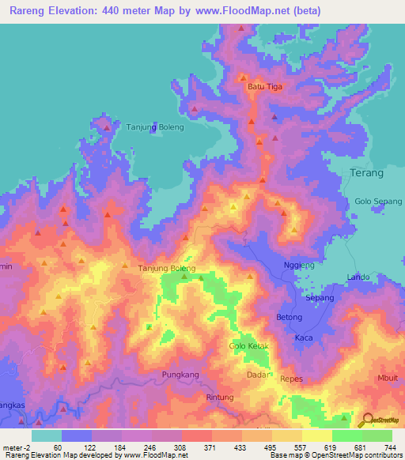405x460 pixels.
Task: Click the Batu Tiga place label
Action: tap(265, 87)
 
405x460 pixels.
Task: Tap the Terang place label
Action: tap(366, 173)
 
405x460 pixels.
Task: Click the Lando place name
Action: tap(358, 277)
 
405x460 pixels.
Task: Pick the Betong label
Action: tap(289, 317)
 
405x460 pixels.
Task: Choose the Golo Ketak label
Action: tap(249, 347)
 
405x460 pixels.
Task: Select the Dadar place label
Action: tap(258, 375)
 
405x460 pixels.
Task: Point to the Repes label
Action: tap(292, 379)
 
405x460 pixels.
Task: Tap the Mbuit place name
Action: tap(388, 378)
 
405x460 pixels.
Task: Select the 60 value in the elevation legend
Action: tap(57, 447)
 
